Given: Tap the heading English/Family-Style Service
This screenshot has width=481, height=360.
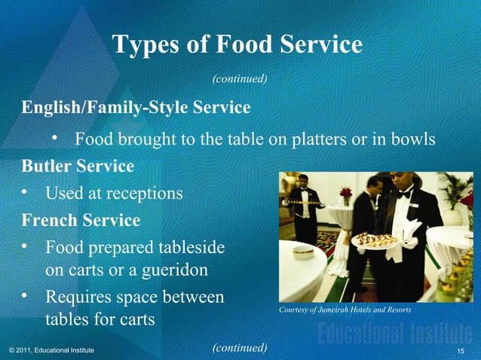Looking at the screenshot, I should pos(136,108).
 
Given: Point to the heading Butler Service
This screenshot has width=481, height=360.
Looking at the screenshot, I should pos(78,166).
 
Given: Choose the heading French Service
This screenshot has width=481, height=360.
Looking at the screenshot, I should pos(81,221).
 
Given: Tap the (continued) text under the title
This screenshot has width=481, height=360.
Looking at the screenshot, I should pos(240,77).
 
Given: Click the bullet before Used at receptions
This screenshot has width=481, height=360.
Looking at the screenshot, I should pos(26,194).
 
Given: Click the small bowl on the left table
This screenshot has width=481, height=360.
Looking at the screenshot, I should pos(303,252).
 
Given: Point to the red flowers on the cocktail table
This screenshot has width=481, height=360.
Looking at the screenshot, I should pos(345,194).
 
